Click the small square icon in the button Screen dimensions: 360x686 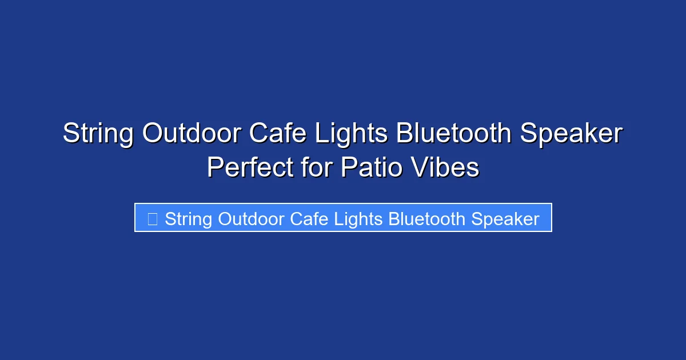point(152,219)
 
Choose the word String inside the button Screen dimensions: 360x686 point(189,219)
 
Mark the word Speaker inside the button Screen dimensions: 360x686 point(505,219)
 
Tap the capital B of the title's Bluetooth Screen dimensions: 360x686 point(404,134)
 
